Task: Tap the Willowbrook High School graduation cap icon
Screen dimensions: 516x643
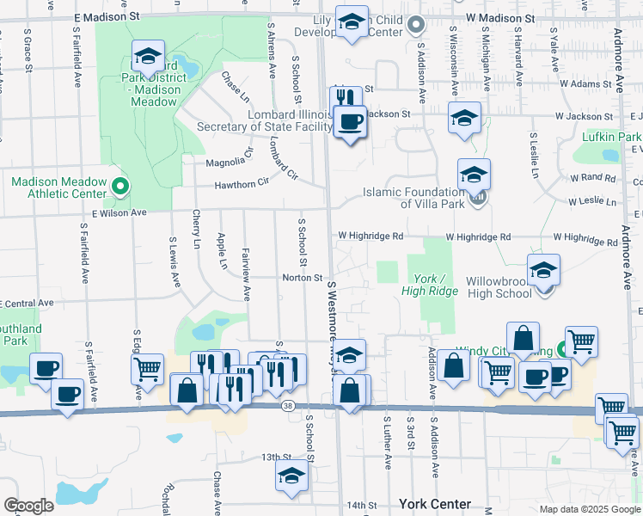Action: click(543, 269)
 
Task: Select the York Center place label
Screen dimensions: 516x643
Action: click(434, 503)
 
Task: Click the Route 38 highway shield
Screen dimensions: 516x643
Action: click(285, 404)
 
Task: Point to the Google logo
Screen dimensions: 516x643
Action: click(28, 506)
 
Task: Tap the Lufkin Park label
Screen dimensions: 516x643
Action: click(610, 137)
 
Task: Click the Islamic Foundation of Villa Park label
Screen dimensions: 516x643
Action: click(413, 198)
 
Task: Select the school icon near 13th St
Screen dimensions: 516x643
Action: click(291, 475)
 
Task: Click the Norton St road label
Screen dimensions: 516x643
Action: click(303, 278)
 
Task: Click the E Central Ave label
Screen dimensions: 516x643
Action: click(28, 304)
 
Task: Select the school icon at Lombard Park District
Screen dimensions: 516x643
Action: click(148, 57)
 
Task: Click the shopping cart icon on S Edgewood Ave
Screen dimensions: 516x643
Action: click(146, 370)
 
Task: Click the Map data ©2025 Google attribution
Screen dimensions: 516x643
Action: click(589, 509)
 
